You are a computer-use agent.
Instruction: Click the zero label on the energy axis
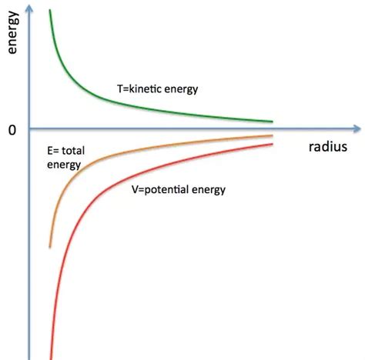tap(12, 130)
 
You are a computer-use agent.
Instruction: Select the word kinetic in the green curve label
tap(143, 90)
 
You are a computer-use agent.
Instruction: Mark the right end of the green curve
tap(273, 122)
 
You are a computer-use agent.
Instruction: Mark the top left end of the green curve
tap(50, 10)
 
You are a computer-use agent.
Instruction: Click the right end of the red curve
tap(273, 144)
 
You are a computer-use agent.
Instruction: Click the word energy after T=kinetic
tap(182, 90)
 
